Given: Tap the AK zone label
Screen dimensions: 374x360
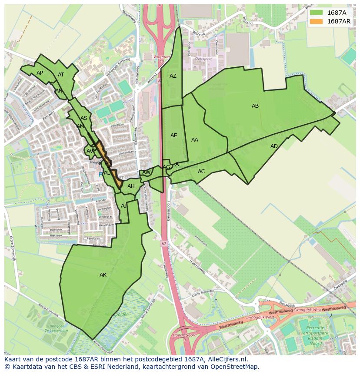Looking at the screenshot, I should pos(103,275).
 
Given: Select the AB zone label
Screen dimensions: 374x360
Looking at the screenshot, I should pos(255,106).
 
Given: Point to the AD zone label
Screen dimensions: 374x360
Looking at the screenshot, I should pos(274,146).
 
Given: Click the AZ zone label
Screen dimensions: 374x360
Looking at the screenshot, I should pos(173,76).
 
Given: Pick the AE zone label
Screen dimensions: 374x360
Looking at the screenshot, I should pos(173,136).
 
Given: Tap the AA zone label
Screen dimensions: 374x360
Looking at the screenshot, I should pos(195,140).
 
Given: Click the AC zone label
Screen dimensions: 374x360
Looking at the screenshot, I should pos(201,172).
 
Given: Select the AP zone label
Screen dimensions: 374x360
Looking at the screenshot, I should pos(40,73).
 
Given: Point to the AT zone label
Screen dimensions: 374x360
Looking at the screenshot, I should pos(61,75).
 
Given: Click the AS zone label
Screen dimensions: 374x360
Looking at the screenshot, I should pos(84,118).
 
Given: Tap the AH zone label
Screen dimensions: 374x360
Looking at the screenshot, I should pos(131,186).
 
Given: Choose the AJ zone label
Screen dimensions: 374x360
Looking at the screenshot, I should pos(124,206).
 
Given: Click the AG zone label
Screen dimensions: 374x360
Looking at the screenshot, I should pos(167,167).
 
